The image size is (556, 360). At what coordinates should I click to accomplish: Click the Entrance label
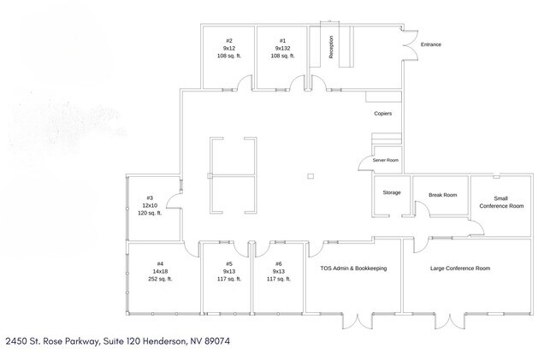tap(431, 44)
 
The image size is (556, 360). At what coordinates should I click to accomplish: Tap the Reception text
tap(331, 47)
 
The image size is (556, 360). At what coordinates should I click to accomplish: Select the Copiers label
tap(383, 114)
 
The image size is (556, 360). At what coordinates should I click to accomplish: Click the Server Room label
tap(386, 160)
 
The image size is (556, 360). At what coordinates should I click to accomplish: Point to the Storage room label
tap(392, 192)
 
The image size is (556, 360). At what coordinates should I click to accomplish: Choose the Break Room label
tap(443, 195)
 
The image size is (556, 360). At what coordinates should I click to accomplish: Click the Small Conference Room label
tap(501, 202)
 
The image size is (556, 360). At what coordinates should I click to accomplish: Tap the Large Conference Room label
tap(460, 269)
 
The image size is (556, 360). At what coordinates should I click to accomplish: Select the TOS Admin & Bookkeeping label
tap(353, 269)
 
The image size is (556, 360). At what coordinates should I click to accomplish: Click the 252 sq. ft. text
tap(160, 279)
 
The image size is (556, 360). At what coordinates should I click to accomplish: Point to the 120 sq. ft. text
tap(150, 213)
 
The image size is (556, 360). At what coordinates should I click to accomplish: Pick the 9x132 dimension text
tap(282, 48)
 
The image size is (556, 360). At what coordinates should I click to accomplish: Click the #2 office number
tap(229, 41)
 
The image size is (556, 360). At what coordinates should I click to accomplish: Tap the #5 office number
tap(229, 263)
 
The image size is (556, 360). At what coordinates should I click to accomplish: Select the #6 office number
tap(279, 263)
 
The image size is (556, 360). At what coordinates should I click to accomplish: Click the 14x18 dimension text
tap(160, 271)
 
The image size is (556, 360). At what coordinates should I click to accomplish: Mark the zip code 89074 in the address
tap(217, 341)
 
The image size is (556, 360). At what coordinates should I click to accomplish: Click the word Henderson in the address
tap(164, 341)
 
